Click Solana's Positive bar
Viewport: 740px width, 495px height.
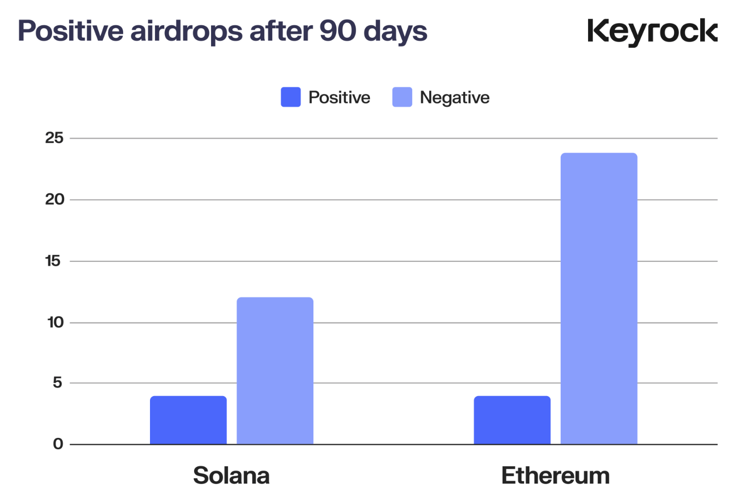(188, 420)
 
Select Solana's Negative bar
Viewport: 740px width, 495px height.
(275, 371)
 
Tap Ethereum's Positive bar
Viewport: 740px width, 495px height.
(512, 420)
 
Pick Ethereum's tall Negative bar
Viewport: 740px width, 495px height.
(598, 298)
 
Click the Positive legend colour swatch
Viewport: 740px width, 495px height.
(291, 97)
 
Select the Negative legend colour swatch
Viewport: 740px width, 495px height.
(402, 97)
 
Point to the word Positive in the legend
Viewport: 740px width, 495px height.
(339, 97)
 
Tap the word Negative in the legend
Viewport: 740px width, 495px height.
(454, 98)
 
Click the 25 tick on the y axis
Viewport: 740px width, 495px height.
(54, 138)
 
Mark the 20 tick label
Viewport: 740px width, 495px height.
(54, 199)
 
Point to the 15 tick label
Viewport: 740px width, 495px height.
(53, 261)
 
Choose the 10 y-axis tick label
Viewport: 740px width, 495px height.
(55, 323)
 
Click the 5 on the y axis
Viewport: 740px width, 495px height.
(58, 383)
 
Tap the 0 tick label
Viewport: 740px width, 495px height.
(58, 444)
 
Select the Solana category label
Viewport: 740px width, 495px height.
(231, 476)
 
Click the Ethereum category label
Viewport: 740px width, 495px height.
(555, 476)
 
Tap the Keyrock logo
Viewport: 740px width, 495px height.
(652, 32)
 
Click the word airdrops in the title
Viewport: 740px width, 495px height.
(187, 31)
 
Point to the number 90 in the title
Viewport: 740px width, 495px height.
(338, 31)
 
